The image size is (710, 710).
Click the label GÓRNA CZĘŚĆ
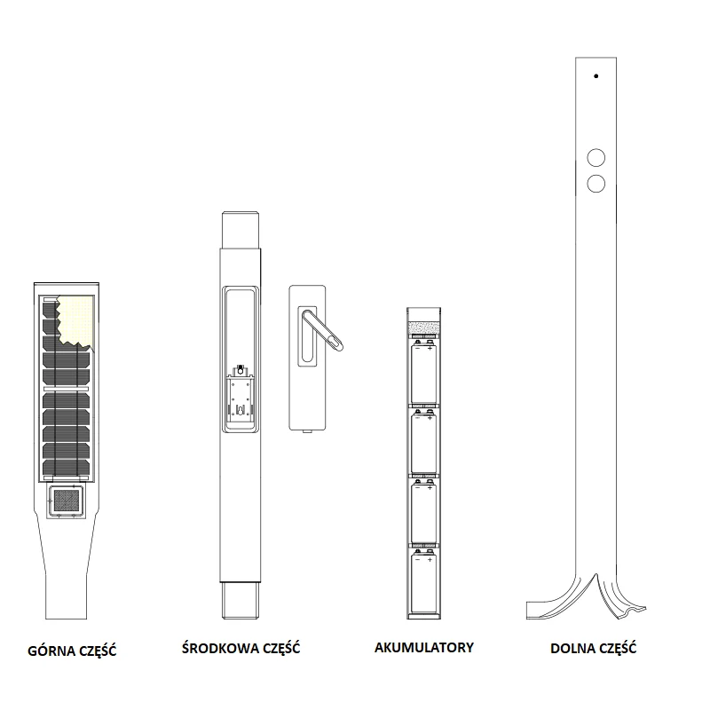72,651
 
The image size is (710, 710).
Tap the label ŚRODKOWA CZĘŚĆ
241,648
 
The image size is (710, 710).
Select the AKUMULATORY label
424,648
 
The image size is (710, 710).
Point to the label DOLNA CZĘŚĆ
593,649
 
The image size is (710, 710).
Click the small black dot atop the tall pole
596,76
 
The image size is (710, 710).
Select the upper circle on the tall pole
596,158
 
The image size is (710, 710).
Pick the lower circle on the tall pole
596,184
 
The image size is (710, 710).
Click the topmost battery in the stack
424,371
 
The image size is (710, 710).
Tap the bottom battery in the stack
424,580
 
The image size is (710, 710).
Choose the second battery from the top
424,441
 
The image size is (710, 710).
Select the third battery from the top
424,511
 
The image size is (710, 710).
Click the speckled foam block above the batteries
424,327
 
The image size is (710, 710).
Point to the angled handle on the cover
322,330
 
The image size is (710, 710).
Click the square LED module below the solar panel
66,500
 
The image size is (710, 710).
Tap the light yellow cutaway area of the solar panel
77,321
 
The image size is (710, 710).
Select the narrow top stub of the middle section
241,230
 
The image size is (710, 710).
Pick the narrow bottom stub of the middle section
241,601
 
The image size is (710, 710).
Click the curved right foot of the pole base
621,597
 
